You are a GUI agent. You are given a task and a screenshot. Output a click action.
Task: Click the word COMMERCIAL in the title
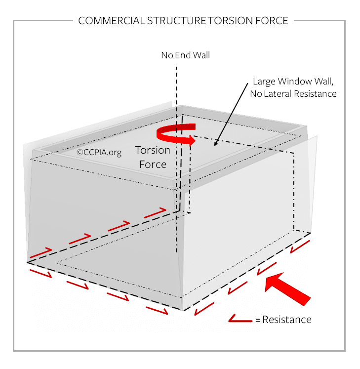tap(111, 21)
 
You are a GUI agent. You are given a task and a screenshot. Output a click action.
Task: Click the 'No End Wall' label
tap(185, 55)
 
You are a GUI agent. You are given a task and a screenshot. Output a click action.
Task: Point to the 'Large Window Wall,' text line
tap(293, 82)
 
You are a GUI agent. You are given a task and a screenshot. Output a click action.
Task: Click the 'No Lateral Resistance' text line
tap(293, 94)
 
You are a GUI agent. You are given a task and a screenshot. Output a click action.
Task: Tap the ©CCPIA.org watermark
tap(99, 153)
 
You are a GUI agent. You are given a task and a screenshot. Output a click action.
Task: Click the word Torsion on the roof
tap(153, 150)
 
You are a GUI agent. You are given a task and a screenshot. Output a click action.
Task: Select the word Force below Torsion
tap(153, 164)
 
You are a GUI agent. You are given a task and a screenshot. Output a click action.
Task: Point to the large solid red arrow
tap(287, 289)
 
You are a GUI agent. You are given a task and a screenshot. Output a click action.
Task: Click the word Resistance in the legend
tap(287, 320)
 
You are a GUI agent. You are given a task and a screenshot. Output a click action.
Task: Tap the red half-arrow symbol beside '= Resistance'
tap(240, 318)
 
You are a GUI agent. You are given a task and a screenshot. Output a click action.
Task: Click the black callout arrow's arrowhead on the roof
tap(216, 143)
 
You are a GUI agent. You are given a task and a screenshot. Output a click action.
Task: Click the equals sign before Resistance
tap(258, 320)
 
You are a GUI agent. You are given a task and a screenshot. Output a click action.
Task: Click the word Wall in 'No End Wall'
tap(201, 55)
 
